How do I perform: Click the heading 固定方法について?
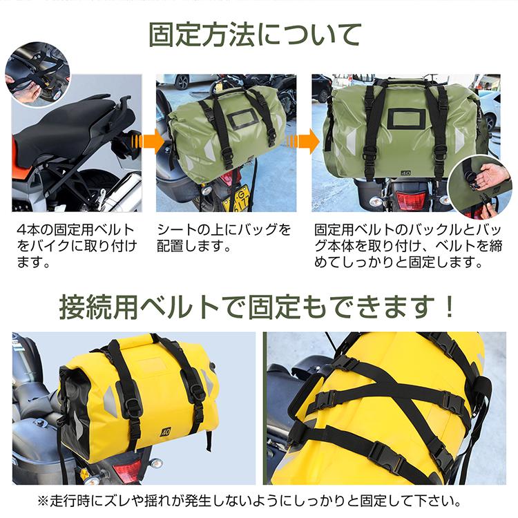(255, 34)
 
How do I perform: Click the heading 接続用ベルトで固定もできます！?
(256, 307)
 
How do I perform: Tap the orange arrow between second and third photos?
(303, 142)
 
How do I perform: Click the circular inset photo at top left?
(38, 75)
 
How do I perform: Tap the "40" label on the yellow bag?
(166, 432)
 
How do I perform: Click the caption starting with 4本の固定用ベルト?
(77, 246)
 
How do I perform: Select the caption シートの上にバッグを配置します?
(224, 238)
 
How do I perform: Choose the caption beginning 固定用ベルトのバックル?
(408, 246)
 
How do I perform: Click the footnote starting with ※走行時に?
(249, 501)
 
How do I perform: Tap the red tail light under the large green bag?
(410, 200)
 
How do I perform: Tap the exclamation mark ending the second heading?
(449, 307)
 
